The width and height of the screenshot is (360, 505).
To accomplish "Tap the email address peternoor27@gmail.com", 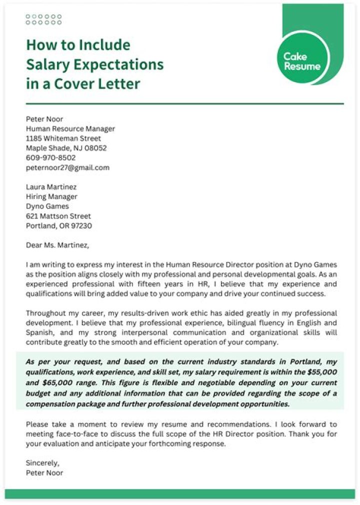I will tap(67, 167).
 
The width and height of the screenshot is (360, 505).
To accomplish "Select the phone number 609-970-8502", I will tap(51, 157).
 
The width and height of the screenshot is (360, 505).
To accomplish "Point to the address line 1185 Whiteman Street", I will tap(63, 138).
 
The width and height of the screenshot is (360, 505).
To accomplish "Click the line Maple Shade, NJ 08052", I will tap(66, 148).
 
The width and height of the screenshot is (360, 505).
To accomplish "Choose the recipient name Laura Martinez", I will tap(51, 186).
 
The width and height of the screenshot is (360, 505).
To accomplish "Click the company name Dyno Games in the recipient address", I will tap(47, 206).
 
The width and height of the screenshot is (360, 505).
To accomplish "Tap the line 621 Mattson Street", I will tap(58, 216).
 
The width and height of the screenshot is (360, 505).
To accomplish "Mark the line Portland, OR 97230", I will tap(59, 225).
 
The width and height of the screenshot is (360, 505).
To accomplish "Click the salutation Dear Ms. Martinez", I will tap(57, 245).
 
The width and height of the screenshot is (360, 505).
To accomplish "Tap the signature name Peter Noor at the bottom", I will tap(44, 472).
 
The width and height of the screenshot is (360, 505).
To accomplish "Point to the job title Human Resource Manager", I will tap(70, 128).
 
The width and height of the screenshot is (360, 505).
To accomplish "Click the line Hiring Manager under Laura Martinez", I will tap(51, 196).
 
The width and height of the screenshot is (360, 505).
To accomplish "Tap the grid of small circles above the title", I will tap(43, 19).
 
